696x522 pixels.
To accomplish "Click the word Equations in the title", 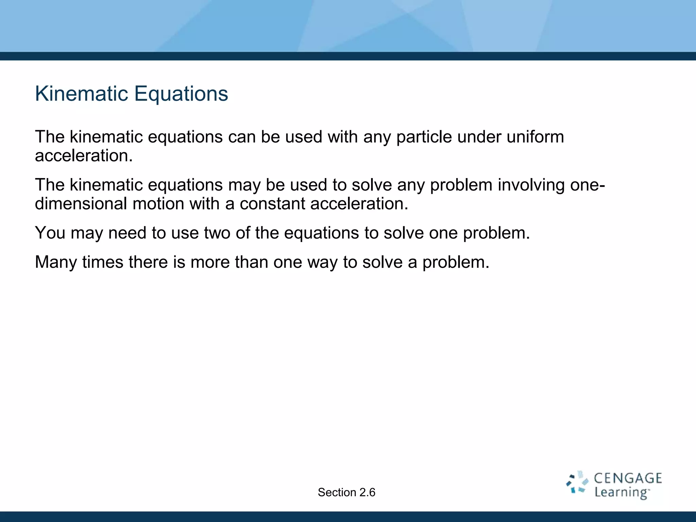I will coord(181,94).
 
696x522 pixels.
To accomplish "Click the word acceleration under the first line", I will coord(84,156).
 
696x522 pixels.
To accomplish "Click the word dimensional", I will coord(81,204).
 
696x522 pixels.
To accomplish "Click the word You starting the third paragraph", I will coord(50,233).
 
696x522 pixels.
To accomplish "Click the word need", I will coord(127,233).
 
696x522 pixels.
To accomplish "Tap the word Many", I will coord(56,262).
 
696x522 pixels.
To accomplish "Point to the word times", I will coord(103,262).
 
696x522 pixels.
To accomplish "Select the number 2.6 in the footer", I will coord(367,492).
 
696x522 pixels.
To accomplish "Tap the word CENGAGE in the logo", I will coord(628,478).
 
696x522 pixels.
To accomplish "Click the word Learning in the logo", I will coord(621,492).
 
